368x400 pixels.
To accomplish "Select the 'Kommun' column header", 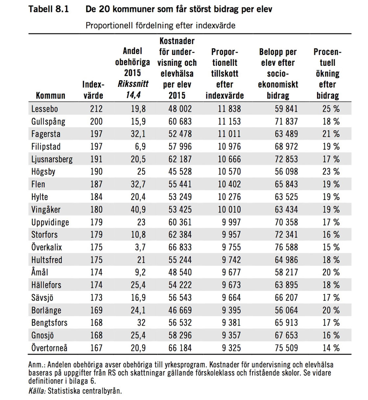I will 51,96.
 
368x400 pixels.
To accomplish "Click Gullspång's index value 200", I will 94,122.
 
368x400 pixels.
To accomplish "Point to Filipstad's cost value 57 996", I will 179,146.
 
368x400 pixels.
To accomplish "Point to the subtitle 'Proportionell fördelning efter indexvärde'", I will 160,25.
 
